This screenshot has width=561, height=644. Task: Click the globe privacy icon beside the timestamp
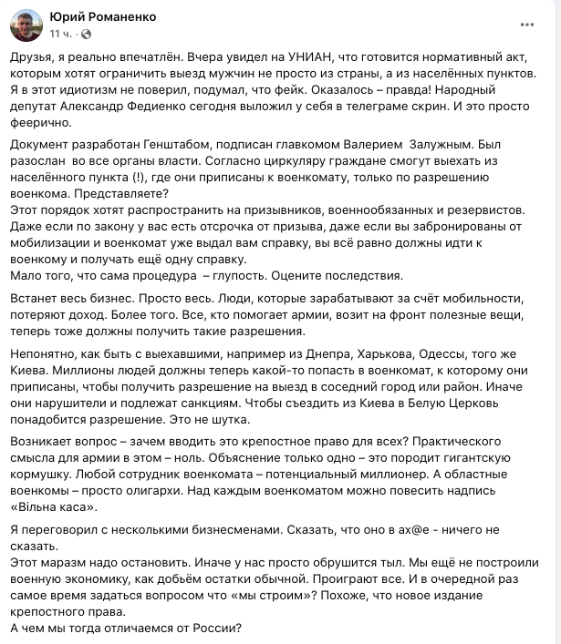coord(86,34)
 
